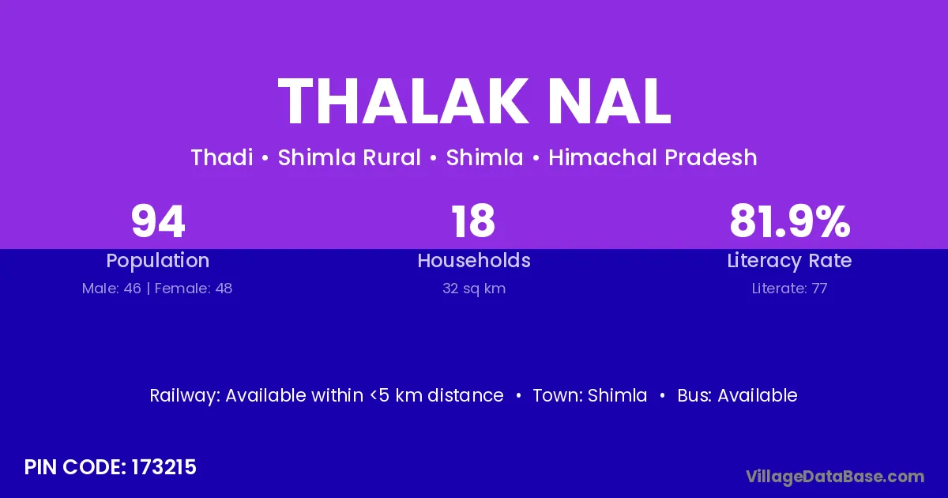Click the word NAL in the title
pos(610,102)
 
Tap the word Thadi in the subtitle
pos(222,157)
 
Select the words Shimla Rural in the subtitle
pos(349,157)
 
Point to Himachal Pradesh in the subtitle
pos(653,157)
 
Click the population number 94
pos(158,221)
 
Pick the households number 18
pos(473,221)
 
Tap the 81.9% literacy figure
pos(790,221)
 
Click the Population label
pos(158,261)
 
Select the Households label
pos(474,261)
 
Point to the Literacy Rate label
pos(789,261)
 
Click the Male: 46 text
pos(111,289)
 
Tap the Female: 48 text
pos(194,289)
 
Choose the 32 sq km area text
pos(474,289)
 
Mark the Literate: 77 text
pos(789,289)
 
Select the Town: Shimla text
pos(590,395)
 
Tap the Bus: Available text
pos(737,395)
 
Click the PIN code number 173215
pos(164,467)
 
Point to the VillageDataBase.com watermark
pos(835,477)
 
